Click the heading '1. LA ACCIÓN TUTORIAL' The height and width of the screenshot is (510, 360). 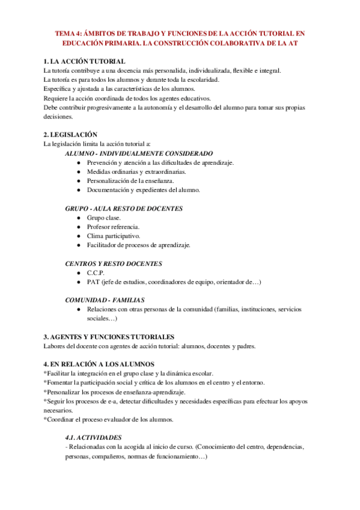[85, 62]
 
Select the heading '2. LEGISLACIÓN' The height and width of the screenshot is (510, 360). [71, 135]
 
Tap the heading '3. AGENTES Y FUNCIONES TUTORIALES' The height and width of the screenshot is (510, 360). [109, 337]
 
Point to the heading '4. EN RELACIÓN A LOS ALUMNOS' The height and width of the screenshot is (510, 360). [99, 364]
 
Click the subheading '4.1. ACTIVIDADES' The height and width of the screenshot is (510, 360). [93, 438]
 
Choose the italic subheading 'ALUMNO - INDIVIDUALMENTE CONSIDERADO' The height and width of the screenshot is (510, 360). [139, 154]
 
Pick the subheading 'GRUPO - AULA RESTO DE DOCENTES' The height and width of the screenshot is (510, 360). [124, 209]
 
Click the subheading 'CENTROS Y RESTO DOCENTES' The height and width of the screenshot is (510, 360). [113, 263]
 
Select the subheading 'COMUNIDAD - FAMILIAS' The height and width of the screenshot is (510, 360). [105, 300]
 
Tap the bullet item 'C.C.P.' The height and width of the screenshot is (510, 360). [96, 273]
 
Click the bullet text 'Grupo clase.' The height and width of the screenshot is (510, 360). [103, 218]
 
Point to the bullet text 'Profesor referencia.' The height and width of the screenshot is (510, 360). [113, 227]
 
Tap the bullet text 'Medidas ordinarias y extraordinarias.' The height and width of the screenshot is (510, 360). [136, 172]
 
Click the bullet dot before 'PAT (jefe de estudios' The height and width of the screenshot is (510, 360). [79, 282]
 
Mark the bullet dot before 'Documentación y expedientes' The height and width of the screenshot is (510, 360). [79, 190]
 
